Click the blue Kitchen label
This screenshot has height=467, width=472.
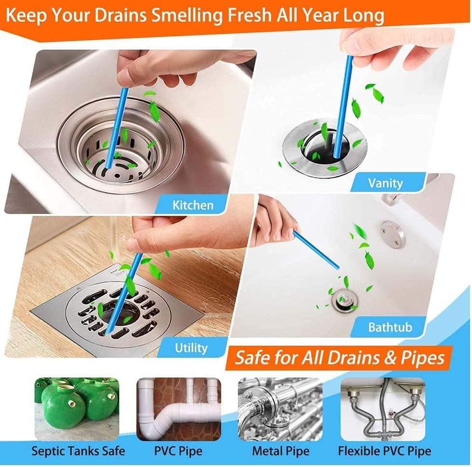193,205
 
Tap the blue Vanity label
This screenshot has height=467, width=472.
385,183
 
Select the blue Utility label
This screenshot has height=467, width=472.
191,347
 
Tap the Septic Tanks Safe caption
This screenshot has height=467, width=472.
78,451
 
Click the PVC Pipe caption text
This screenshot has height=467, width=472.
178,451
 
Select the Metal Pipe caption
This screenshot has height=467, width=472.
281,451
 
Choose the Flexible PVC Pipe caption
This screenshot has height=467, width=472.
384,451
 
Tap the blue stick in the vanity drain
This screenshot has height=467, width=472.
344,106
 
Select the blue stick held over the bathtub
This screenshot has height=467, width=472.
316,250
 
